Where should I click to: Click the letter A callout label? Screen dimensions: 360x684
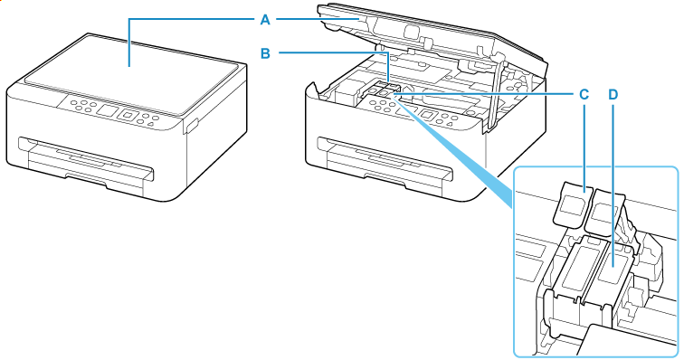tap(267, 17)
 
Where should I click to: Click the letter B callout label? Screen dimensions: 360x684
tap(266, 53)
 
